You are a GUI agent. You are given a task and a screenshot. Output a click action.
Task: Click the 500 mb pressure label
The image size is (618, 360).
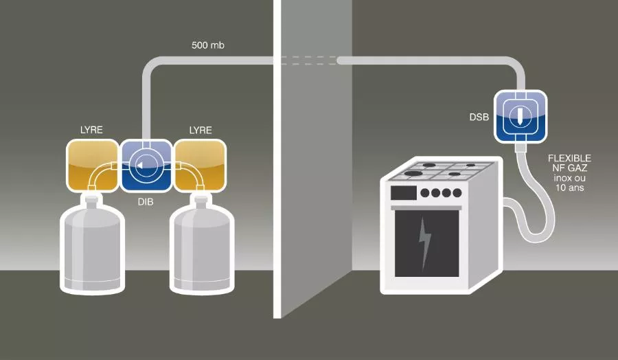(207, 46)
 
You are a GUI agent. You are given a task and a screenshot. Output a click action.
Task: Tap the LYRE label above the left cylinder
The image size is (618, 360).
(91, 130)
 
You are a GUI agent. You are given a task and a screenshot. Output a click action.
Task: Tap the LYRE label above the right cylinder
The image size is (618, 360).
(201, 130)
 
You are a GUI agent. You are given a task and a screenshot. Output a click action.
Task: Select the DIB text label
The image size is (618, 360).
(146, 204)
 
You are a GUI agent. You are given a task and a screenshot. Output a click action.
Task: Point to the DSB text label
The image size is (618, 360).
(479, 117)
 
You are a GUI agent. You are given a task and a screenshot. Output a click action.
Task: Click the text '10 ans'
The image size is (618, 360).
(569, 188)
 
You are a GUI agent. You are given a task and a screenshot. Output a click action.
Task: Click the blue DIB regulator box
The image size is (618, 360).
(146, 166)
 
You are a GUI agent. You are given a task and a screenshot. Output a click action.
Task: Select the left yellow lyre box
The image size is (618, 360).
(91, 166)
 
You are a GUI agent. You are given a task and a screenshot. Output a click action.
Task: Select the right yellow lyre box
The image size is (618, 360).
(200, 166)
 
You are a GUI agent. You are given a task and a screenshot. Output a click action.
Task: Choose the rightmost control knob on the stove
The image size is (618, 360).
(456, 193)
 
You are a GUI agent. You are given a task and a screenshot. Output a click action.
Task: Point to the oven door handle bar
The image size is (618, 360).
(426, 207)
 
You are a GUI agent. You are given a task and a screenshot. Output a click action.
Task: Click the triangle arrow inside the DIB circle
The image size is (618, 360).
(140, 166)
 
